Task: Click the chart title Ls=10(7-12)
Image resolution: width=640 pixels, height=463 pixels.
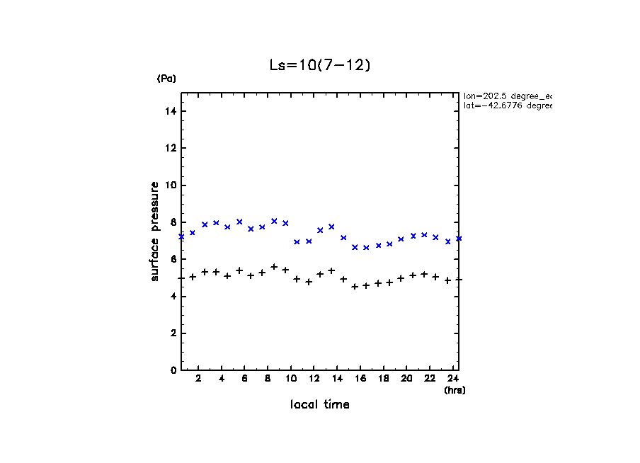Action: [x=319, y=65]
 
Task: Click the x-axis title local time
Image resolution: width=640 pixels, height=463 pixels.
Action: [x=319, y=405]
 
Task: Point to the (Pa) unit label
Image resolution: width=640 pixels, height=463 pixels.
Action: [x=166, y=79]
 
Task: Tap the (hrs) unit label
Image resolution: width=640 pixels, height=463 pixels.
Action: [x=455, y=390]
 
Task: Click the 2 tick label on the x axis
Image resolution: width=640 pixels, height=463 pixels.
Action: [x=199, y=379]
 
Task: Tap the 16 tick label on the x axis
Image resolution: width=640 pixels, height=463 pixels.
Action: [x=361, y=379]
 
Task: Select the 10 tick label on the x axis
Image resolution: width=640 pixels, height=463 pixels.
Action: [x=291, y=379]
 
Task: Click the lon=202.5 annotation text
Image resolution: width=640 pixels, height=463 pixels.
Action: [x=507, y=96]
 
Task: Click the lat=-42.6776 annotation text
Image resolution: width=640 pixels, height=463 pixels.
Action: [x=507, y=105]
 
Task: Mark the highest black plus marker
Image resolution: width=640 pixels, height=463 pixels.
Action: [x=274, y=267]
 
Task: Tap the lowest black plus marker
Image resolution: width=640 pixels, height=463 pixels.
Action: [x=355, y=287]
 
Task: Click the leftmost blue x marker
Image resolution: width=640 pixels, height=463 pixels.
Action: [x=181, y=236]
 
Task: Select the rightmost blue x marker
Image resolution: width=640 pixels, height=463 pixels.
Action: [x=459, y=239]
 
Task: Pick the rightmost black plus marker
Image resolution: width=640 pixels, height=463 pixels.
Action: [x=459, y=280]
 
